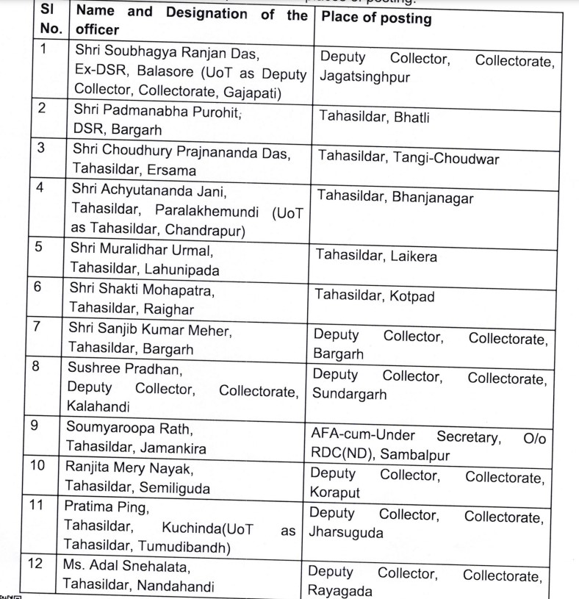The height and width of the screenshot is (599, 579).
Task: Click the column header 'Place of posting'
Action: click(375, 19)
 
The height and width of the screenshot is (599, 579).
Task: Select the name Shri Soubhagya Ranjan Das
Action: click(168, 53)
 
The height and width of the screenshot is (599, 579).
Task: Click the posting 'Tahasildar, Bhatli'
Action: click(374, 117)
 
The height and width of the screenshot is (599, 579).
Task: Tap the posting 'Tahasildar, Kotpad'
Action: click(375, 295)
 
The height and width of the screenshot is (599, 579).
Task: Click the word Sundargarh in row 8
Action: click(350, 393)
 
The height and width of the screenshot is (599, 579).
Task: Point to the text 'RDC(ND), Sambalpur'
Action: click(380, 454)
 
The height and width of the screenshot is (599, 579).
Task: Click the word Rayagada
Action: click(339, 590)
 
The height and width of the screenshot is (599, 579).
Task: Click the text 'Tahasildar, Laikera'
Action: click(376, 256)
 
